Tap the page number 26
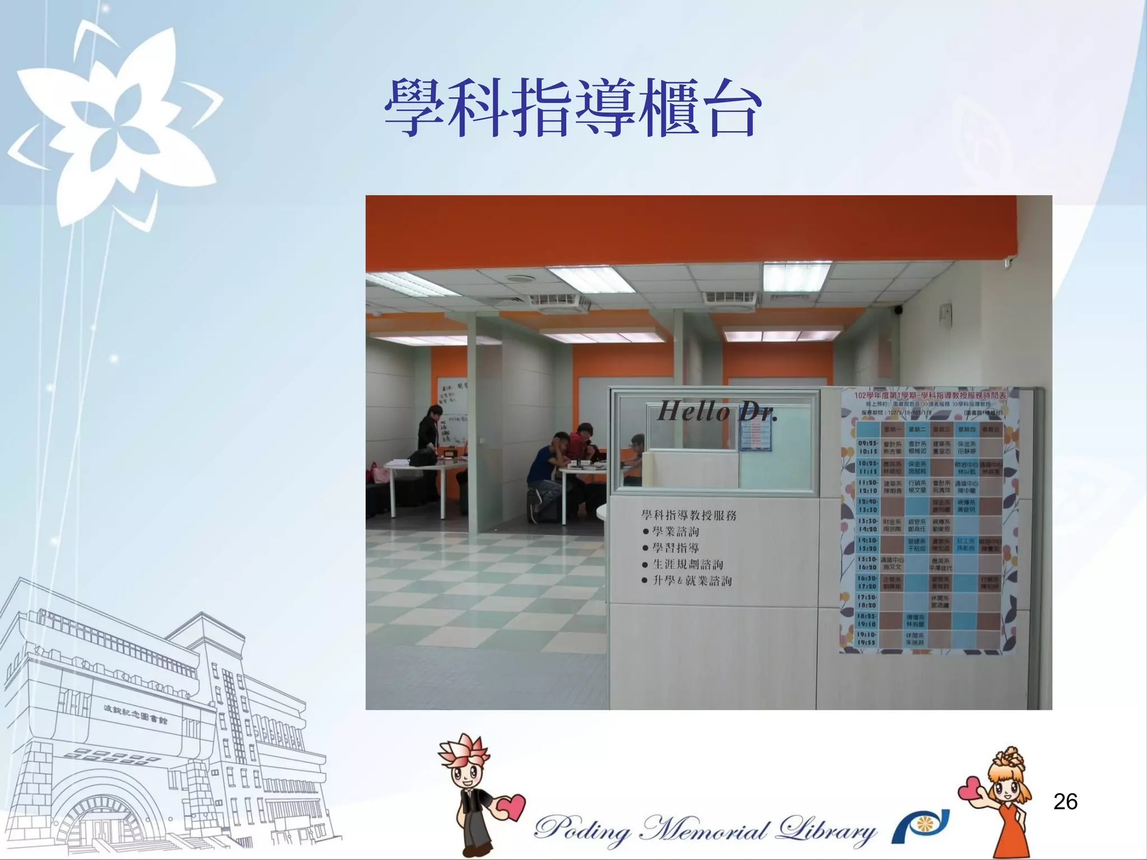click(1065, 802)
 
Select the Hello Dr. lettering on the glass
click(717, 412)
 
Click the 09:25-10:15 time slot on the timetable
click(868, 447)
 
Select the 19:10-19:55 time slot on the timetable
click(868, 639)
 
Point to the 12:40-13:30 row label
click(868, 506)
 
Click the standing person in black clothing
click(430, 431)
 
